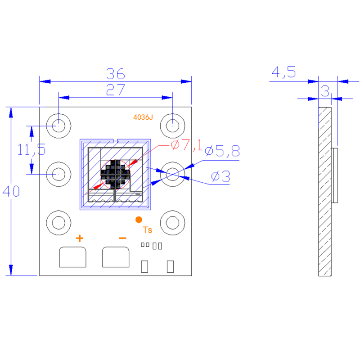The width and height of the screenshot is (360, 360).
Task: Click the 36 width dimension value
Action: click(116, 73)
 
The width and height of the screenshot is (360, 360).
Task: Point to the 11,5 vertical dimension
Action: click(31, 149)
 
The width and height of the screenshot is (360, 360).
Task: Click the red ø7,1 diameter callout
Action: click(187, 145)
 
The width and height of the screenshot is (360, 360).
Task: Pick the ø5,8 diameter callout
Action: click(222, 152)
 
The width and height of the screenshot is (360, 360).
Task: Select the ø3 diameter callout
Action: click(220, 177)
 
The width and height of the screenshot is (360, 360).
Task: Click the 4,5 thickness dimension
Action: click(283, 72)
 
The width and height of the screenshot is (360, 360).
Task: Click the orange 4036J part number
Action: click(143, 117)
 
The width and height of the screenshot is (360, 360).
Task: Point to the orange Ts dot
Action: click(139, 220)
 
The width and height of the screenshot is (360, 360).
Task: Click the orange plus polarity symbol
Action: click(79, 238)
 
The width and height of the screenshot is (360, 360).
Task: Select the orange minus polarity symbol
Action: click(122, 238)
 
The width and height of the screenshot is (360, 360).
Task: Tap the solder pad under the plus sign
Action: click(73, 257)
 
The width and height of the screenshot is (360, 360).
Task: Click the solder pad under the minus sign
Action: click(116, 257)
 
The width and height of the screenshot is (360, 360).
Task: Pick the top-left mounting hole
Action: click(58, 125)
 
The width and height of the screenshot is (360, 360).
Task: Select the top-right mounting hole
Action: click(173, 125)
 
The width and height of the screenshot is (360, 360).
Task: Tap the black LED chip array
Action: click(116, 174)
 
